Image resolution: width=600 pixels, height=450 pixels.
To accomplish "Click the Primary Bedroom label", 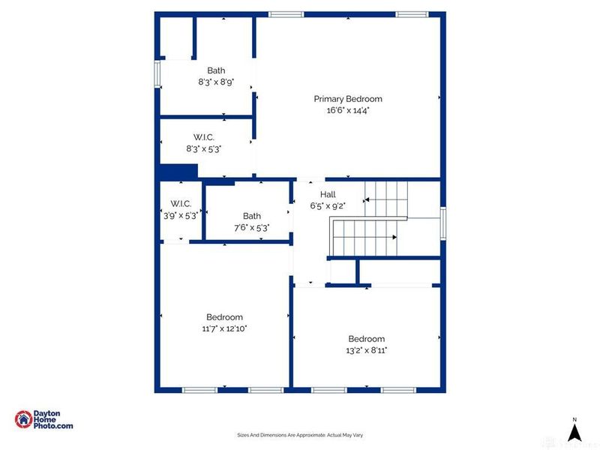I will [348, 99].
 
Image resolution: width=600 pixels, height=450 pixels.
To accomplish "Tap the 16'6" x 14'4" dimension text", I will [348, 110].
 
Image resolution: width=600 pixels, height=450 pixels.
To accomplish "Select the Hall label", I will [328, 194].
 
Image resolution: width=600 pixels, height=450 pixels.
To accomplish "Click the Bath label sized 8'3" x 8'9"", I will [216, 71].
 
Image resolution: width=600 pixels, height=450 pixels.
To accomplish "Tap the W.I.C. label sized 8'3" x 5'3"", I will [203, 137].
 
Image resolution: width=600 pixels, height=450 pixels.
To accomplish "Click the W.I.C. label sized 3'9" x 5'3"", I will [181, 204].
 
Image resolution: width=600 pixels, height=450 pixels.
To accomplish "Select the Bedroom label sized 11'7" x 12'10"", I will [225, 317].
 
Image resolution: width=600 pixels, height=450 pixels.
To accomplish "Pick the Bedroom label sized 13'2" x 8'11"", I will [366, 339].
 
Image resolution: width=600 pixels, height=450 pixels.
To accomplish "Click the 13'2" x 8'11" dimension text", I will [366, 349].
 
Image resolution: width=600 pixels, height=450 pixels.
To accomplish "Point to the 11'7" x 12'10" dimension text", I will [225, 328].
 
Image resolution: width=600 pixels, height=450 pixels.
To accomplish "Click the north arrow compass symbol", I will [574, 432].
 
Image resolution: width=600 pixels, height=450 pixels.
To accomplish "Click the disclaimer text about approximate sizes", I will [299, 435].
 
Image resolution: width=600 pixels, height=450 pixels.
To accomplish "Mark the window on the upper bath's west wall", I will [157, 74].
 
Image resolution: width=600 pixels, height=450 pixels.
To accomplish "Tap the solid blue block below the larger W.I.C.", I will [178, 171].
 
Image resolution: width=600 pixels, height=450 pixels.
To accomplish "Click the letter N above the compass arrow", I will [574, 418].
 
